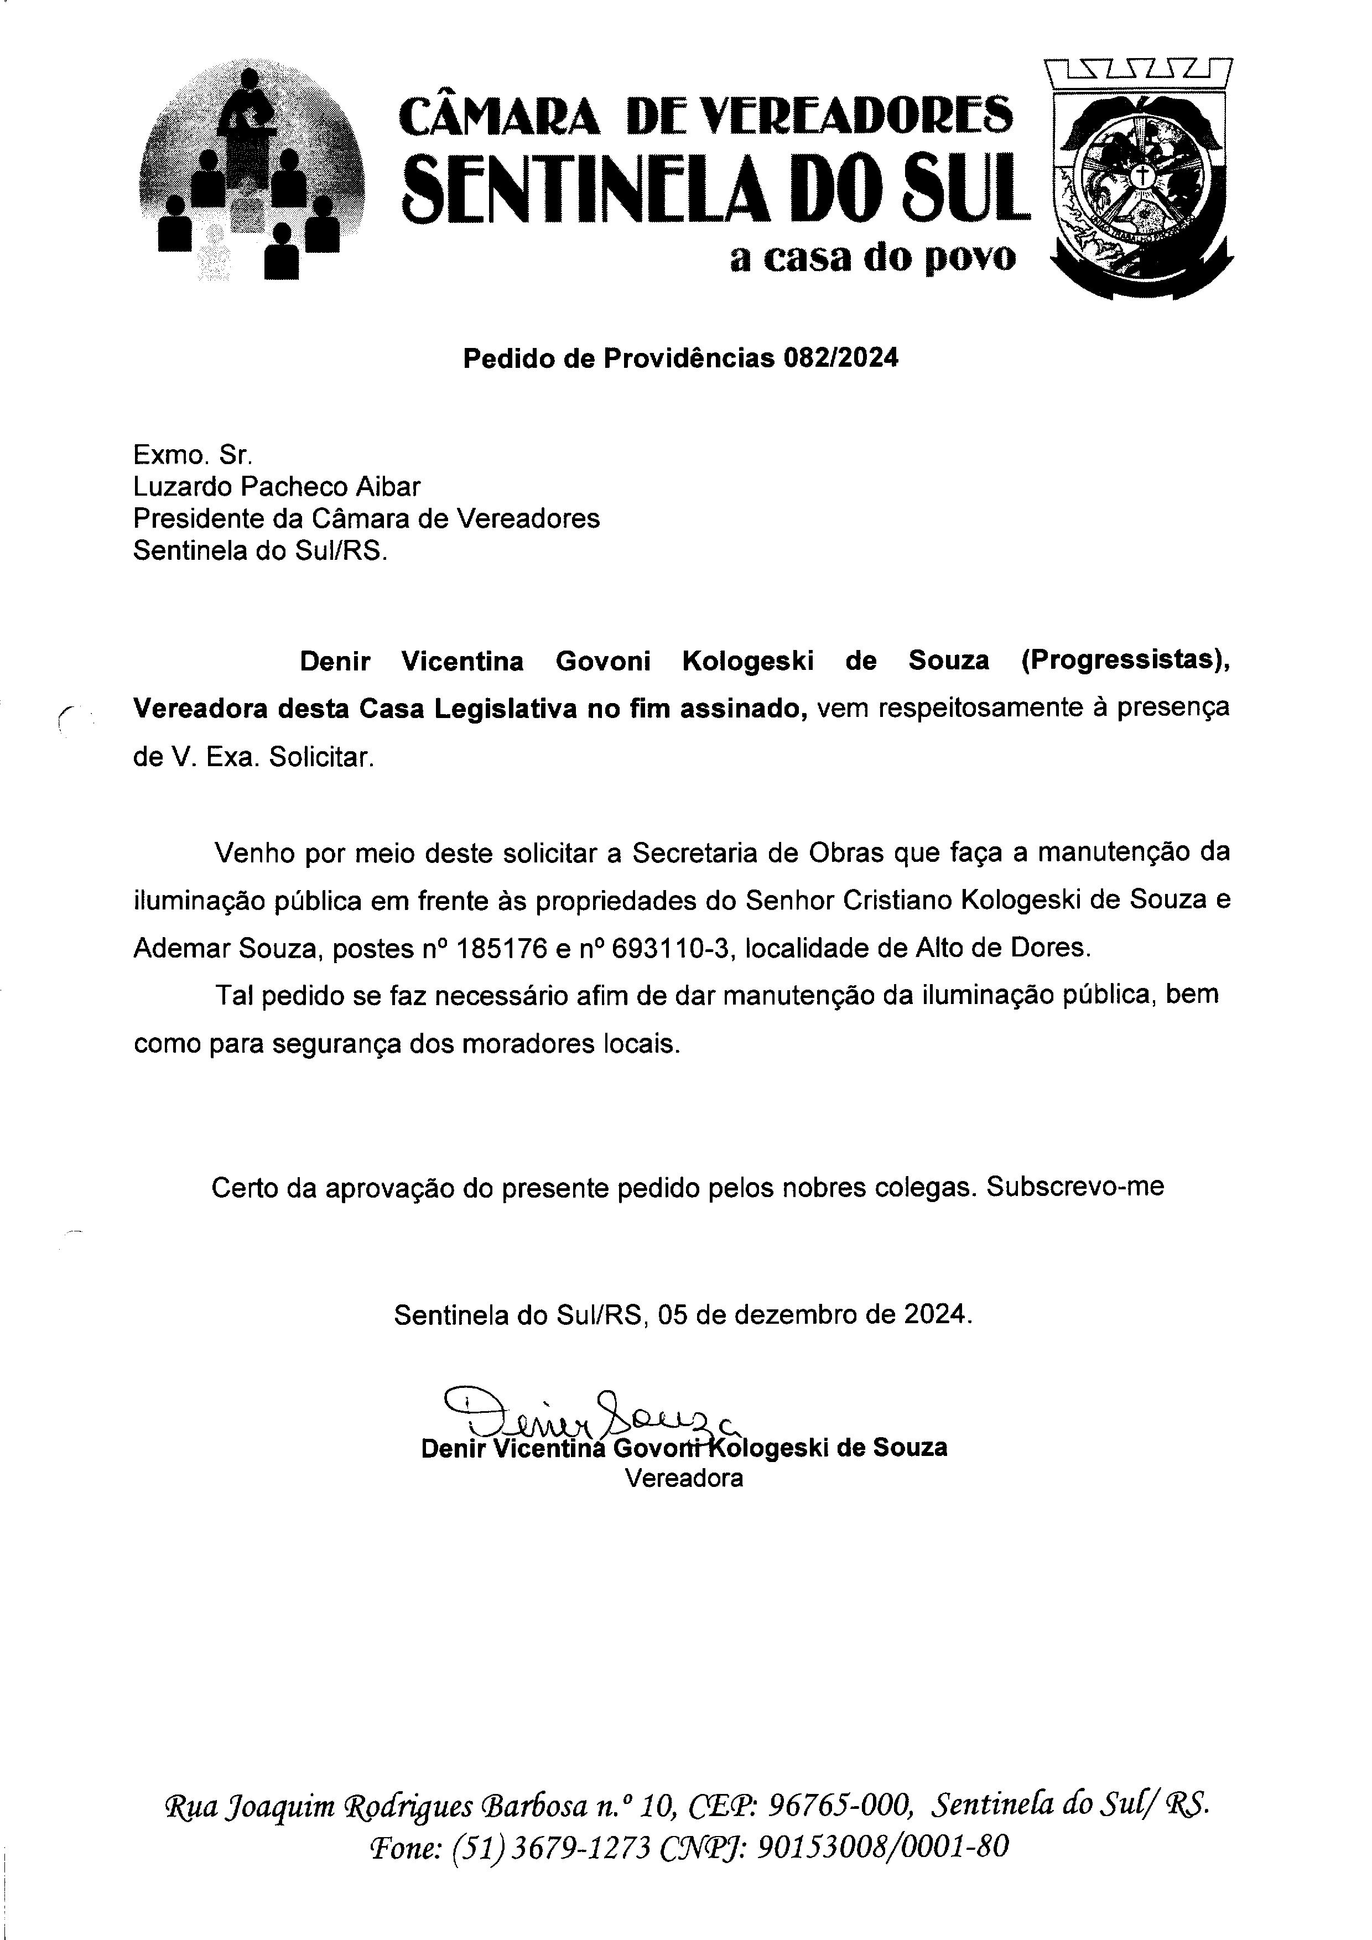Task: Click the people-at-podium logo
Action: coord(252,173)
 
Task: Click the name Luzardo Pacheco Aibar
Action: coord(276,487)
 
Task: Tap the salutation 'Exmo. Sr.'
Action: coord(193,455)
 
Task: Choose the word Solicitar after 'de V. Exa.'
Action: coord(320,757)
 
